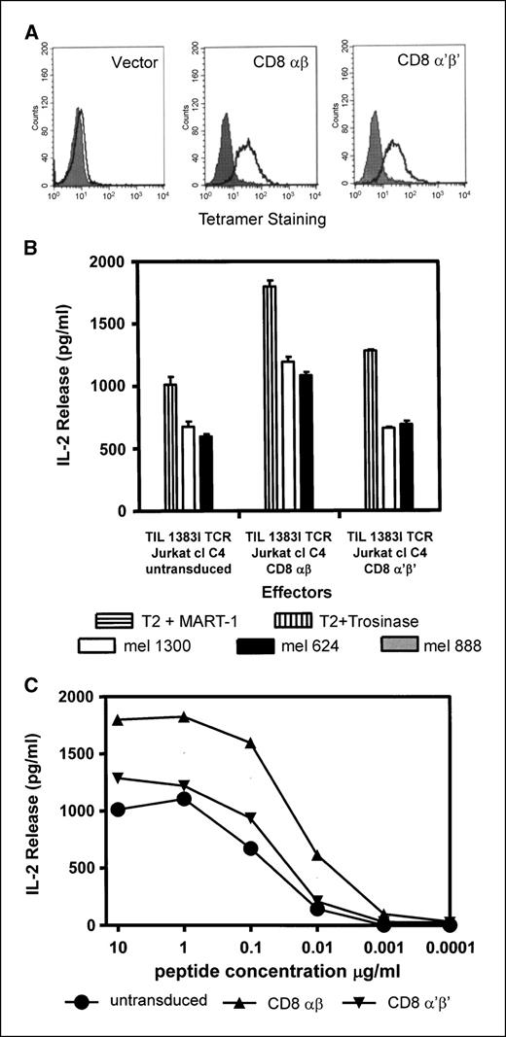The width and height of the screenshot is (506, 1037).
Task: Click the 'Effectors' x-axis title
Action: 271,589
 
